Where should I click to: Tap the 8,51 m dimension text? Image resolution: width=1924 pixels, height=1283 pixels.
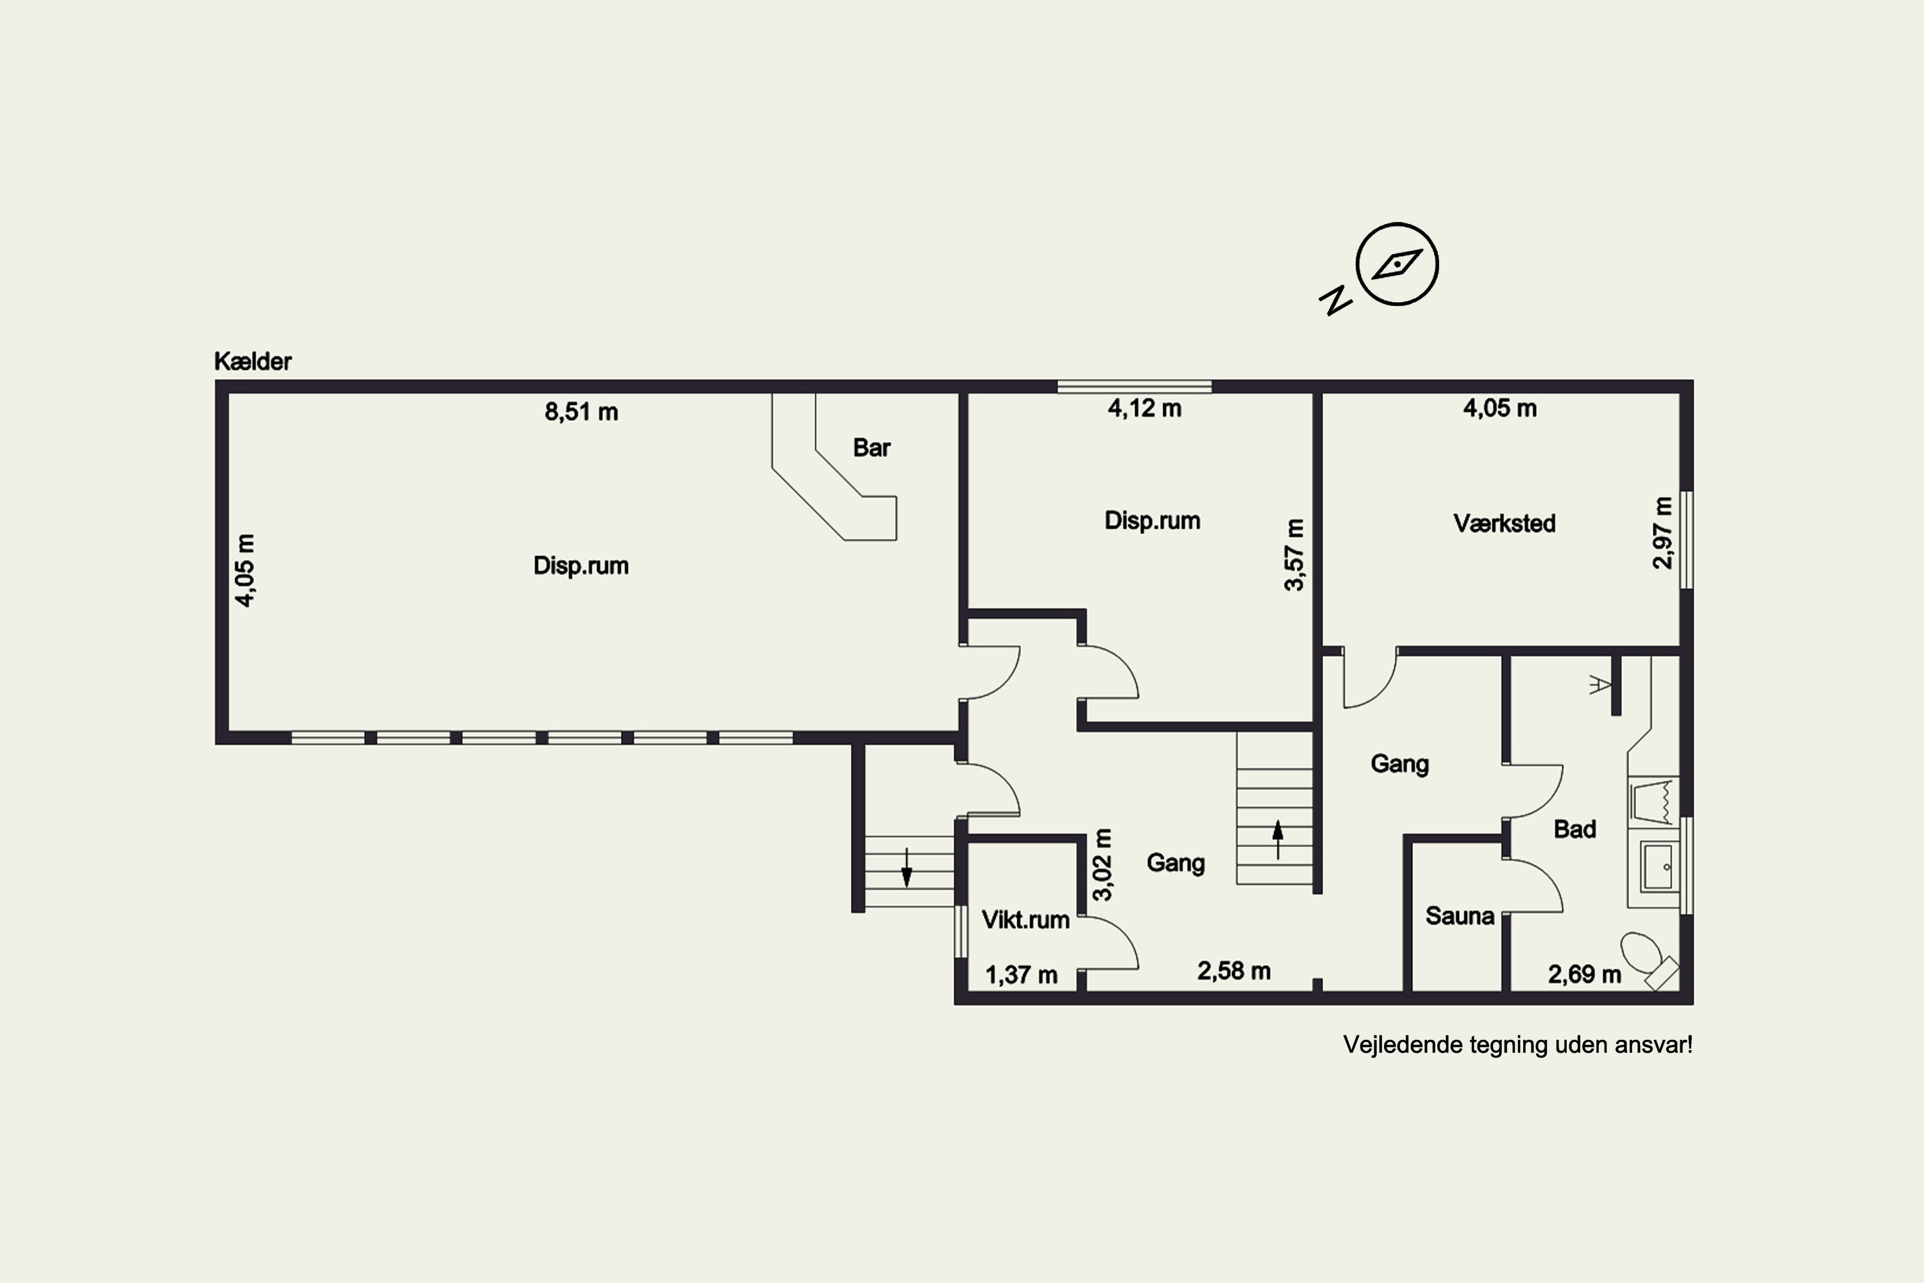click(x=582, y=412)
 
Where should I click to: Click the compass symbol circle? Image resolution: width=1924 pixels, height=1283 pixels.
click(x=1397, y=264)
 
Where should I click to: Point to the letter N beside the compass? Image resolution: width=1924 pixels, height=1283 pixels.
click(x=1335, y=301)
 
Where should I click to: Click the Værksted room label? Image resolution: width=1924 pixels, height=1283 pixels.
click(x=1505, y=523)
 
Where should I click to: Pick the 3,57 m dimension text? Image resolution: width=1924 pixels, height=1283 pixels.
click(x=1294, y=555)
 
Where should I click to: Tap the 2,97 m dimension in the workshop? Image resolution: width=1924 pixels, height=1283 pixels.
click(x=1662, y=532)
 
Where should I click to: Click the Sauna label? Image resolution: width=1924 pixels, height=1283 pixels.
click(x=1460, y=915)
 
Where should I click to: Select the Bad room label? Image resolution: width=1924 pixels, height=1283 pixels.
click(x=1574, y=829)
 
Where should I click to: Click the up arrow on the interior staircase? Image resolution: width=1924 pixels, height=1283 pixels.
click(x=1278, y=840)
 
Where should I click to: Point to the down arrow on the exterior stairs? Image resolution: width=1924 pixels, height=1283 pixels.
click(x=906, y=867)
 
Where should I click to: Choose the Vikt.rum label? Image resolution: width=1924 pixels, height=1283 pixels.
click(x=1025, y=920)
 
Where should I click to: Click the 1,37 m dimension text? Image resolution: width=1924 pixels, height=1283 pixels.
click(x=1021, y=975)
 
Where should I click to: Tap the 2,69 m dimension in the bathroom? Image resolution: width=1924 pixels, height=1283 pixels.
click(x=1585, y=974)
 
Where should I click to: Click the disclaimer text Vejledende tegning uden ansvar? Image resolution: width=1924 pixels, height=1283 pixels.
click(x=1517, y=1045)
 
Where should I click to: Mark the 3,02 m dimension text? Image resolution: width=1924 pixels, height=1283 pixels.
click(x=1102, y=865)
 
